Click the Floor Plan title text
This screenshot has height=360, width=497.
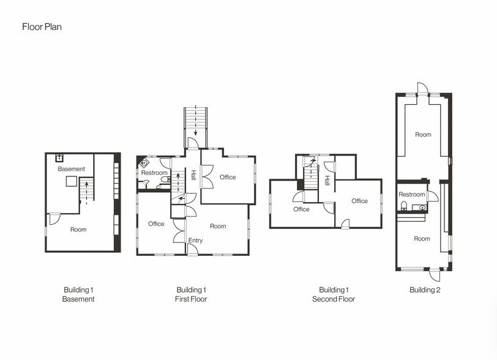pos(42,27)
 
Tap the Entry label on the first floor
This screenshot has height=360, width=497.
pos(195,241)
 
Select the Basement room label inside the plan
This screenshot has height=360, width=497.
pos(72,169)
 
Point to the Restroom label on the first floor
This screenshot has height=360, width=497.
pos(154,173)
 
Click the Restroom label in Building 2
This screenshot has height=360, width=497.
pos(412,195)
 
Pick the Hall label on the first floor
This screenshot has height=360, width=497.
pos(193,174)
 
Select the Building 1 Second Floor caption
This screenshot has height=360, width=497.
pos(334,294)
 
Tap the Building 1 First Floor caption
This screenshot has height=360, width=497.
pos(192,294)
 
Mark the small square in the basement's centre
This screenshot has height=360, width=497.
pos(71,181)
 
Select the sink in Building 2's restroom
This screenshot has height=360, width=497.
pos(422,208)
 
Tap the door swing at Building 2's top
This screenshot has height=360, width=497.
pos(420,88)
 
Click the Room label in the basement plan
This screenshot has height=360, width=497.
pos(78,230)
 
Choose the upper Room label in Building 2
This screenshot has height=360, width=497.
pos(423,135)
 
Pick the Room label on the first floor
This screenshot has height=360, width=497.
pos(218,226)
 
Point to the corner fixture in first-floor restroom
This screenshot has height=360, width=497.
pos(143,163)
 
